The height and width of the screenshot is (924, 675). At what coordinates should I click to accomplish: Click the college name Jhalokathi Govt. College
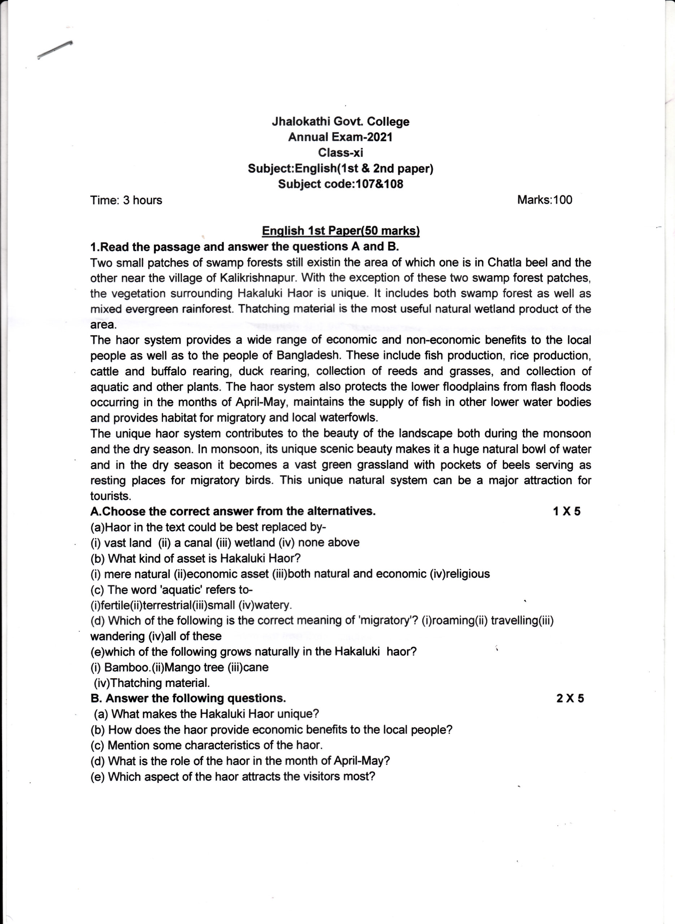coord(340,122)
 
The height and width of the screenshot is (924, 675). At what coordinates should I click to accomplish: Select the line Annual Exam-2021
coord(340,137)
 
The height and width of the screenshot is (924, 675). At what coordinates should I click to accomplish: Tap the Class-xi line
coord(340,153)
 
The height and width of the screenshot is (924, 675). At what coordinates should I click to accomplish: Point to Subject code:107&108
coord(340,184)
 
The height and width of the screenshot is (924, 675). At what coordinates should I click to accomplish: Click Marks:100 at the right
coord(545,200)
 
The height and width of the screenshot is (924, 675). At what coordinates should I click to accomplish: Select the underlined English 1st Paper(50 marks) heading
coord(340,231)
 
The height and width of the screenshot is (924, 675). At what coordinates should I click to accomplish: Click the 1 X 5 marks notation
coord(566,511)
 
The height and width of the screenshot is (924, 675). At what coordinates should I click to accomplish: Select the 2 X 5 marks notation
coord(570,699)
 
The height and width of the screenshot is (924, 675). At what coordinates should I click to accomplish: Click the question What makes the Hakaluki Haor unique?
coord(206,714)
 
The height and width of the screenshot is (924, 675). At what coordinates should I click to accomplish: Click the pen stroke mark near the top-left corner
coord(54,50)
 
